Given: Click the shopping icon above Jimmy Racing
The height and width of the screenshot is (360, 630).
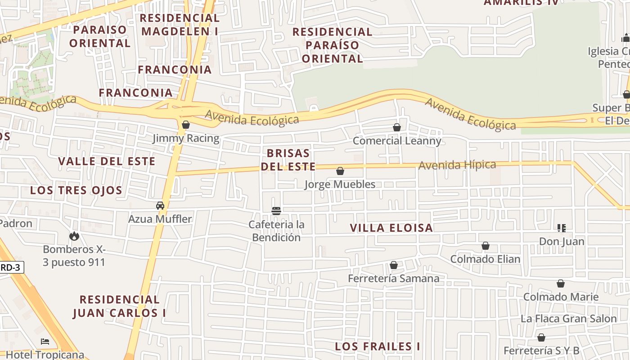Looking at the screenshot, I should [x=185, y=125].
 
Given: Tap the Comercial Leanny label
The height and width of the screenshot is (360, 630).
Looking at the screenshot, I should [x=397, y=141].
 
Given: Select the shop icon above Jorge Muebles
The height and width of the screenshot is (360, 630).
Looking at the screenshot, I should [x=340, y=171].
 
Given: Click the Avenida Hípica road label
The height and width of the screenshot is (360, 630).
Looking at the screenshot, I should [x=457, y=165].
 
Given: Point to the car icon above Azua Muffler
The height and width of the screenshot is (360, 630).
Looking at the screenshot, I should [x=160, y=206].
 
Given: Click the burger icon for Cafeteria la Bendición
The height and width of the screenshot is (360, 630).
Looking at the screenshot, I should [x=276, y=211].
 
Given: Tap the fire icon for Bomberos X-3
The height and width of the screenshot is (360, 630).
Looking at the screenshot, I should [x=74, y=236].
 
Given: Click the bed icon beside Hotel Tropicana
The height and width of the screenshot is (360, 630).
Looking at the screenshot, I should [x=45, y=341].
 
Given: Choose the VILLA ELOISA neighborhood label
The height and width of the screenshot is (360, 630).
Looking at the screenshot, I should [x=391, y=228].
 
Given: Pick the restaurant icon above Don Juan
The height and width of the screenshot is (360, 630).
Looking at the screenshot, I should [x=561, y=228].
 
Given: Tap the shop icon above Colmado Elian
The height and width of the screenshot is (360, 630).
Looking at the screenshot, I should [x=486, y=246].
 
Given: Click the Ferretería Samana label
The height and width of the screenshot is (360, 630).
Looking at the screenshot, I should [x=393, y=279].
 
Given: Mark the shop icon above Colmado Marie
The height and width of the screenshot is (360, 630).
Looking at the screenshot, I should [x=561, y=283].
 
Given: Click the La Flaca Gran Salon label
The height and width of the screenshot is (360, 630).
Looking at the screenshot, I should [x=568, y=319].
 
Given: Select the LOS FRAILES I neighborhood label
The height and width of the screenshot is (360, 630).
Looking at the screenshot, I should [x=378, y=346].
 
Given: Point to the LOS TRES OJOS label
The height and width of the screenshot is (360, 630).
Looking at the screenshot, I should [x=76, y=190].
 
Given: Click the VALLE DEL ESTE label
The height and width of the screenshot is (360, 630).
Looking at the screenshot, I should [x=107, y=161].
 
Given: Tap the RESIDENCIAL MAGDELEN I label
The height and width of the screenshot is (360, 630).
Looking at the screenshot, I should [x=180, y=25].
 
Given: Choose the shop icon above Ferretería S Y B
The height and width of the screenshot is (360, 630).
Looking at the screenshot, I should [x=541, y=337].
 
